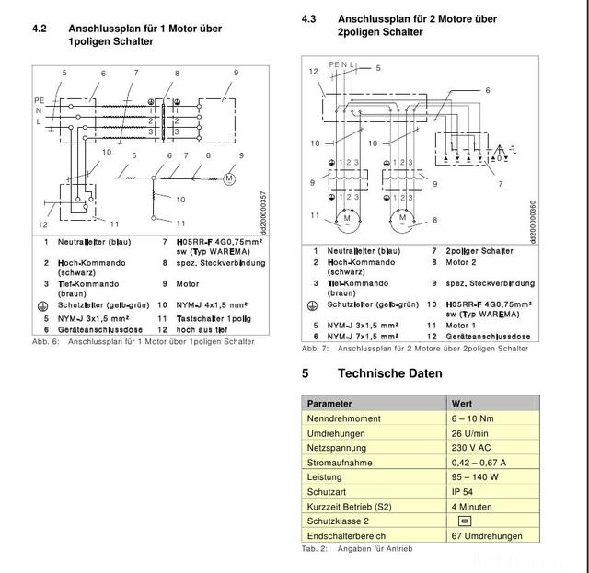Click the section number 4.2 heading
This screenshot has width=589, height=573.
(40, 29)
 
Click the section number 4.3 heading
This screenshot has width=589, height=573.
(309, 19)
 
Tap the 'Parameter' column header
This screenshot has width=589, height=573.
(329, 403)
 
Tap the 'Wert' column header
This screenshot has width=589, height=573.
(462, 403)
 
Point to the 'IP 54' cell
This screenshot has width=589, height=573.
(464, 491)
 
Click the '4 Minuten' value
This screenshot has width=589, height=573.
(472, 506)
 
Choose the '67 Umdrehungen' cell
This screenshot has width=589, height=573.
(487, 535)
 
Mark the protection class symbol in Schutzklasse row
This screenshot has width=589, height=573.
(464, 521)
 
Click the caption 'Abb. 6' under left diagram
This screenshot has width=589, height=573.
(45, 341)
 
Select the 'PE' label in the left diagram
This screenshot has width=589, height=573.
(39, 98)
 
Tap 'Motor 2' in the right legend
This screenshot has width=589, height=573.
(462, 262)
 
